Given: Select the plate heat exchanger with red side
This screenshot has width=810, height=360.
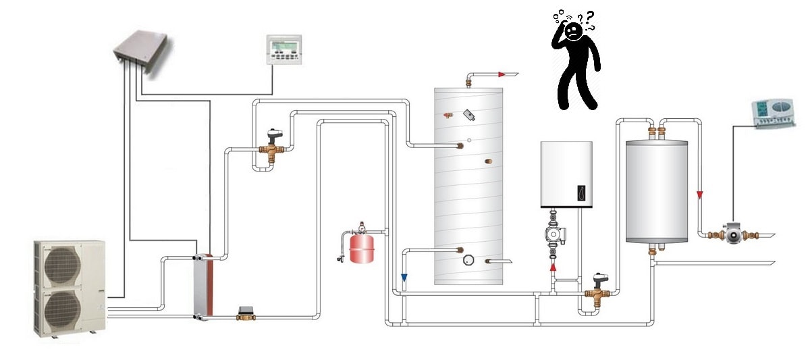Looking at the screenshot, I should click(x=202, y=284).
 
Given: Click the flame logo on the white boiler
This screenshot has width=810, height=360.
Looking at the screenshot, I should click(x=582, y=191).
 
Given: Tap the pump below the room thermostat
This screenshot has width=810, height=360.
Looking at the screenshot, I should click(x=732, y=233).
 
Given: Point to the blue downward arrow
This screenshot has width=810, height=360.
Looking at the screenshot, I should click(x=404, y=277).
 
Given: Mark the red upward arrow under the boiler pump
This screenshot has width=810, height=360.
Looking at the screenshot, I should click(x=553, y=267).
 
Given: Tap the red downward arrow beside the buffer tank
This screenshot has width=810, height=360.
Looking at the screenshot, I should click(x=701, y=196).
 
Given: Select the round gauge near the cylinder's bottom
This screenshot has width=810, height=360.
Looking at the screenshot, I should click(x=468, y=259).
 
